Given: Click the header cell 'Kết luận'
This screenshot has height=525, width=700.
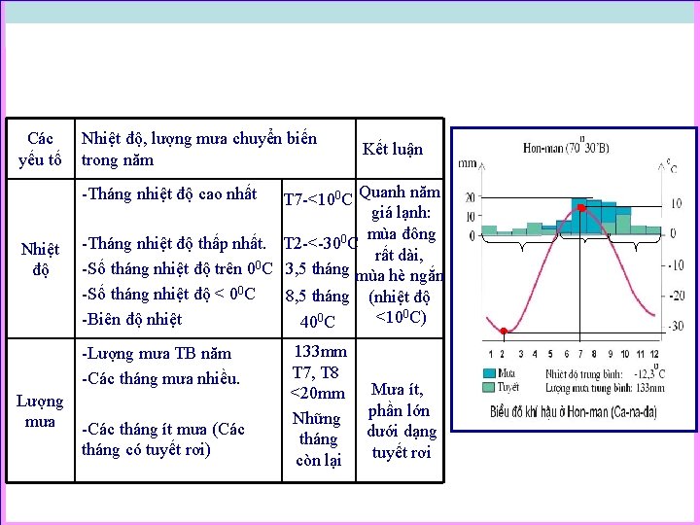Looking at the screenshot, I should [x=393, y=149].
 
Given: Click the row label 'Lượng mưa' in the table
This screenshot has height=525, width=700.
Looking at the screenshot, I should [x=40, y=411].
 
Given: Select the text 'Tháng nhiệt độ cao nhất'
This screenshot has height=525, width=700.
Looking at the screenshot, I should [x=170, y=193].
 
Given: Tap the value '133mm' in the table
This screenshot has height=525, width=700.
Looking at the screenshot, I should [x=320, y=352].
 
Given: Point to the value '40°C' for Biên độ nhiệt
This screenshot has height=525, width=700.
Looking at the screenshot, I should [x=318, y=322].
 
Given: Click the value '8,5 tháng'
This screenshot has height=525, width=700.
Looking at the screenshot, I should [x=317, y=296].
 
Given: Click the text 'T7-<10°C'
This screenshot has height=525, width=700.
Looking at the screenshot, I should [x=318, y=201].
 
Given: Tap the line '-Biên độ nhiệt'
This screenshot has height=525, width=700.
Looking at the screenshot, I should [x=132, y=319].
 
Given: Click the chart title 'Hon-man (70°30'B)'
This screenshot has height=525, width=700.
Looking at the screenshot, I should [x=567, y=149].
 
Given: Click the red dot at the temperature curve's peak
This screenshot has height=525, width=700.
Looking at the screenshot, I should [x=581, y=208].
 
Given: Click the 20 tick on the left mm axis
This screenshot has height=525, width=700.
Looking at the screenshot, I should [x=470, y=196].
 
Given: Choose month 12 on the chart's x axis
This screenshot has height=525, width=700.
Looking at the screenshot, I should [x=654, y=354].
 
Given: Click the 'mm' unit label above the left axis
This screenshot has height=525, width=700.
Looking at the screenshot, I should [x=468, y=162].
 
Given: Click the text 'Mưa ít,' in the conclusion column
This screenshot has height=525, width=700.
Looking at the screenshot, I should [x=399, y=390].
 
